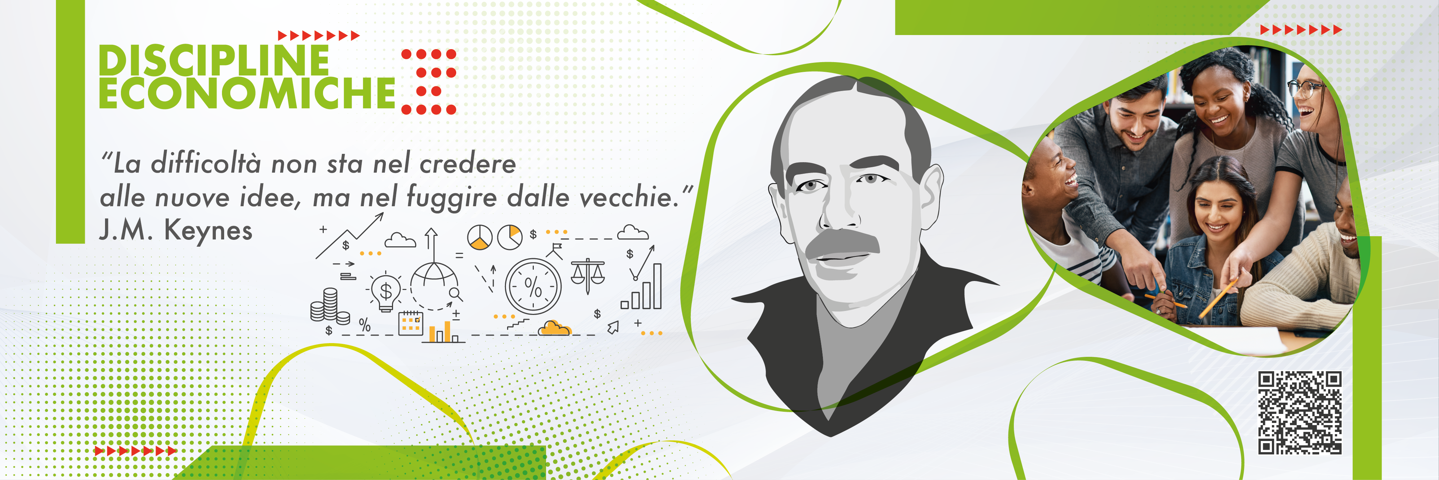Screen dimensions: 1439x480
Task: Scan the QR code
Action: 1300,412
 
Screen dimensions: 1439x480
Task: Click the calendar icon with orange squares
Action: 411,323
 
